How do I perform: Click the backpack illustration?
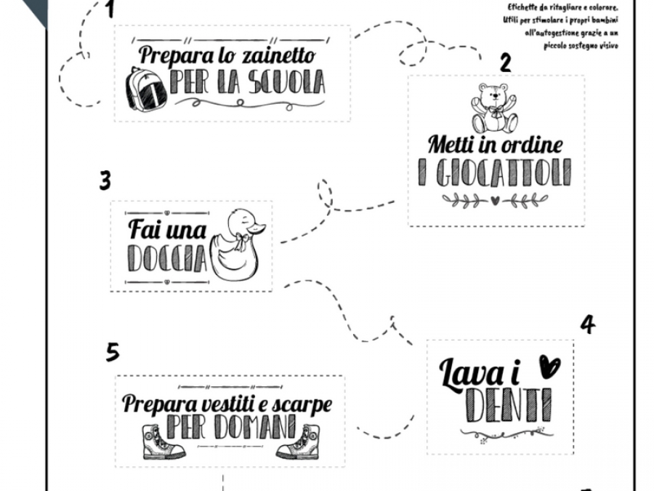(146, 88)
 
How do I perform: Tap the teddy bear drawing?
(494, 108)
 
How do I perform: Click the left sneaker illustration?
(163, 442)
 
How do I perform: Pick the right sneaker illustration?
(298, 442)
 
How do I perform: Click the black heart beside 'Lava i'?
(550, 366)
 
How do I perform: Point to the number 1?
(110, 9)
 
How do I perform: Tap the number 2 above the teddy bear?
(505, 63)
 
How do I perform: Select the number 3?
(105, 181)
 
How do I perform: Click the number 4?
(588, 324)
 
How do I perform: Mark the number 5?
(113, 352)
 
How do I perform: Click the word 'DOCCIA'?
(167, 258)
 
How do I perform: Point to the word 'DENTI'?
(509, 405)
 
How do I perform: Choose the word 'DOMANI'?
(255, 427)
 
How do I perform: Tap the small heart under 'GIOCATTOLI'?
(495, 201)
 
